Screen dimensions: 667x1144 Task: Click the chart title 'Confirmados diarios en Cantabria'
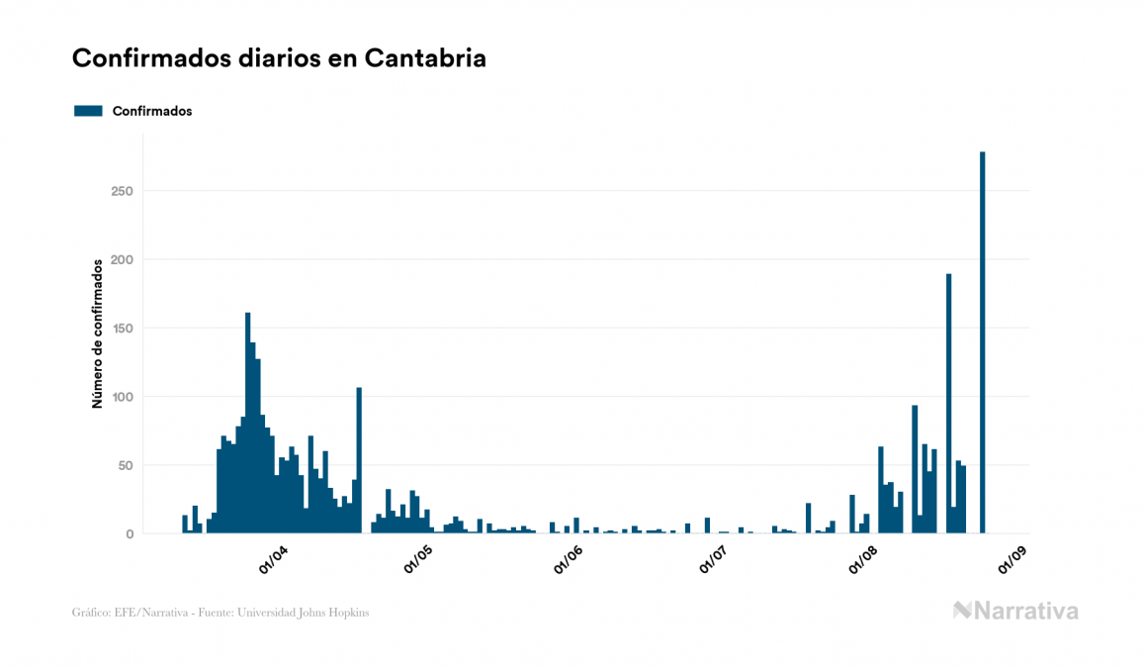pos(279,58)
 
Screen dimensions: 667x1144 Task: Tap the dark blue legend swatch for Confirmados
pos(88,111)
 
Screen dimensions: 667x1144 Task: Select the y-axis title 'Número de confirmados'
pos(98,333)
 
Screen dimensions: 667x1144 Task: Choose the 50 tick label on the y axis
pos(126,465)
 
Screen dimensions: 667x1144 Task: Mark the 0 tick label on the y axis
pos(130,534)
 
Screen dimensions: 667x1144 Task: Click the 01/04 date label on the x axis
pos(272,559)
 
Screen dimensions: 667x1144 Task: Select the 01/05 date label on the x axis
pos(418,559)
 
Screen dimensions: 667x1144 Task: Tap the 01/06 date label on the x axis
pos(568,559)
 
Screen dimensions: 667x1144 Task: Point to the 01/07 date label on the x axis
pos(713,559)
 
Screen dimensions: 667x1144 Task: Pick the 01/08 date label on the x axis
pos(863,559)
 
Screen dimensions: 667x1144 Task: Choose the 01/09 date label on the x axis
pos(1012,559)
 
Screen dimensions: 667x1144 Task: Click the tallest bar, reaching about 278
pos(983,342)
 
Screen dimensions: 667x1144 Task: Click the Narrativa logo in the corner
pos(1015,611)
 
